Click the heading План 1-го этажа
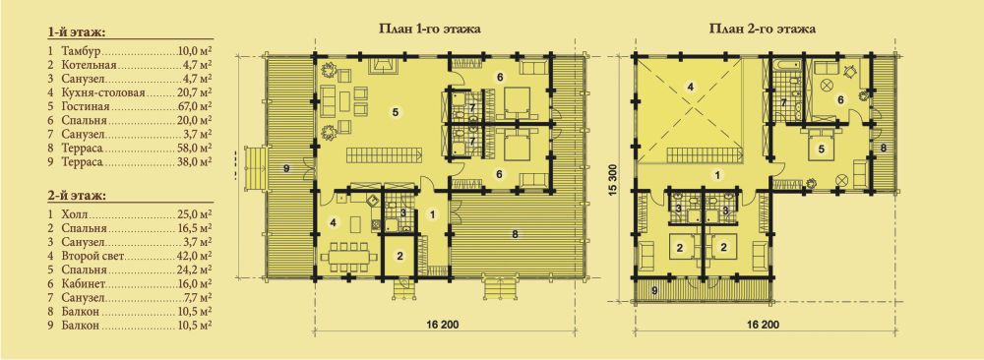point(430,29)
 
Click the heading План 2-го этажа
point(762,29)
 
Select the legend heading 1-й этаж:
point(76,31)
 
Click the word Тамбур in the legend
point(82,49)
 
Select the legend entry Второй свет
point(92,256)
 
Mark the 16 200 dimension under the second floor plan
point(763,325)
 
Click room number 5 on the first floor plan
point(396,112)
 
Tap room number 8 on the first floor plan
point(515,234)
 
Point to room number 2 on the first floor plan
point(400,255)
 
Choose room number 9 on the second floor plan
point(654,290)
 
